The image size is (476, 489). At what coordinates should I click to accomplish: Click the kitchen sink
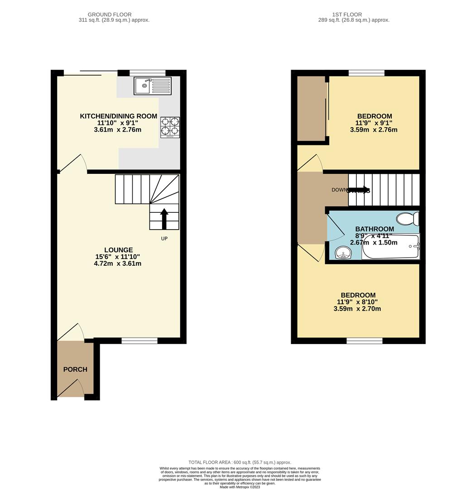[x=152, y=86]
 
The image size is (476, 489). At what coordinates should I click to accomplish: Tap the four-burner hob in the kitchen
[x=170, y=127]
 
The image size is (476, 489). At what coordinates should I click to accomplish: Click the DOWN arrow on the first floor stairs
[x=358, y=190]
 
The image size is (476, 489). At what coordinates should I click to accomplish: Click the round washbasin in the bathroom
[x=343, y=253]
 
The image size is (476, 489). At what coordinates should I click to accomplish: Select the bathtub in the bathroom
[x=391, y=247]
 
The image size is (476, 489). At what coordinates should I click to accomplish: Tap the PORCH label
[x=75, y=369]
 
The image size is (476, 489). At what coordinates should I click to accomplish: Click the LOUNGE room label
[x=118, y=250]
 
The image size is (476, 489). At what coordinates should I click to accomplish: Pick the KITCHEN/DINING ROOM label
[x=118, y=116]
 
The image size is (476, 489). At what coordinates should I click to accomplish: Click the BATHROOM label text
[x=374, y=229]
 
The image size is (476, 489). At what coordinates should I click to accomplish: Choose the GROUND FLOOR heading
[x=110, y=14]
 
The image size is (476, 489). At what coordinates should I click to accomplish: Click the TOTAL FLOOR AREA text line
[x=240, y=462]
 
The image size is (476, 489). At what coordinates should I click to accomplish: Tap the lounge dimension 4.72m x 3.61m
[x=117, y=264]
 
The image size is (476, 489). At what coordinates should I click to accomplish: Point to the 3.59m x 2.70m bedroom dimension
[x=357, y=309]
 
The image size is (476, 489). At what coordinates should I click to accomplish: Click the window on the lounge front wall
[x=139, y=341]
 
